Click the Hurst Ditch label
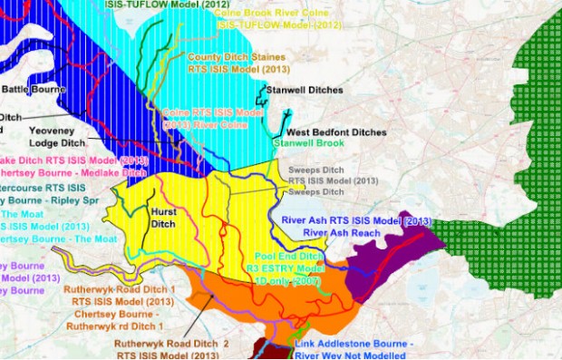[161, 216]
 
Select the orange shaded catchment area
[299, 299]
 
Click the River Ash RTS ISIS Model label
[355, 220]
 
